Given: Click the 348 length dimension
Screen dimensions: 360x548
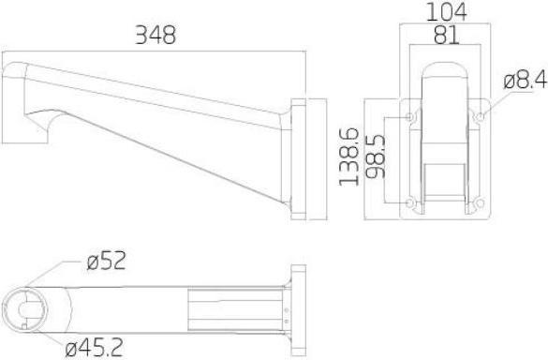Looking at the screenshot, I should click(156, 35).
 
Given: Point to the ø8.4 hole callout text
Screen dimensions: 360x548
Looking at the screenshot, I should click(524, 81).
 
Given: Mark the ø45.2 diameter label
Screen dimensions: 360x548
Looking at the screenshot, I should click(96, 350).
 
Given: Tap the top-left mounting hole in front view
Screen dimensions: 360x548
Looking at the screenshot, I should click(409, 117).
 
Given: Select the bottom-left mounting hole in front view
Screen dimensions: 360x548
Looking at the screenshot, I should click(409, 203).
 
